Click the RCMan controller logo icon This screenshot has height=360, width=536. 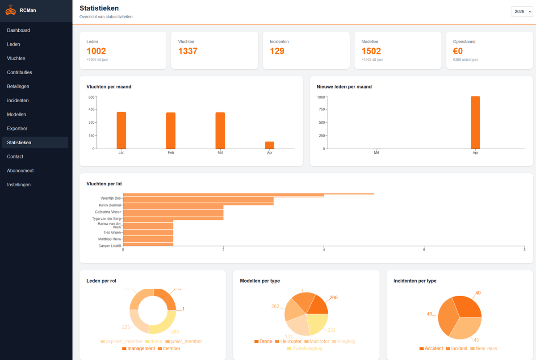pyautogui.click(x=11, y=11)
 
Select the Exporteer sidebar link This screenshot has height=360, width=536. pyautogui.click(x=17, y=129)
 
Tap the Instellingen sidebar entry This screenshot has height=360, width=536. pyautogui.click(x=19, y=184)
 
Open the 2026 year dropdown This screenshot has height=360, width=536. pyautogui.click(x=522, y=12)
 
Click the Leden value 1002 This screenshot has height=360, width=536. pyautogui.click(x=96, y=51)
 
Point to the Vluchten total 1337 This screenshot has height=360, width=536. pyautogui.click(x=188, y=51)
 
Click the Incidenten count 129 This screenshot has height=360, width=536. pyautogui.click(x=277, y=51)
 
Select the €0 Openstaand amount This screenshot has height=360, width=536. pyautogui.click(x=458, y=51)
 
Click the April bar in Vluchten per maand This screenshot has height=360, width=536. pyautogui.click(x=269, y=145)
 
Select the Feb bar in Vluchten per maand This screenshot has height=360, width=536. pyautogui.click(x=171, y=130)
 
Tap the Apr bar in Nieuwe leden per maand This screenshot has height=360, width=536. pyautogui.click(x=475, y=122)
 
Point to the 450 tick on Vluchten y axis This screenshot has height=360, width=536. pyautogui.click(x=91, y=109)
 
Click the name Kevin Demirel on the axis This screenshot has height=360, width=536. pyautogui.click(x=110, y=205)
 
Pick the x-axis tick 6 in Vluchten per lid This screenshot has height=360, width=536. pyautogui.click(x=424, y=250)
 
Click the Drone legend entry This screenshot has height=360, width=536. pyautogui.click(x=263, y=341)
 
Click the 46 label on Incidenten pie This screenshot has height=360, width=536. pyautogui.click(x=429, y=314)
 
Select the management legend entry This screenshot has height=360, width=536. pyautogui.click(x=138, y=348)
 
